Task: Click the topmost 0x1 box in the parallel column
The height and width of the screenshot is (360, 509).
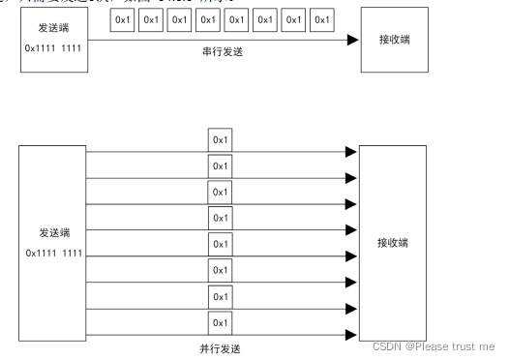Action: (221, 139)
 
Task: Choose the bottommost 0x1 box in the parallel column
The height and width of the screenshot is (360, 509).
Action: (221, 321)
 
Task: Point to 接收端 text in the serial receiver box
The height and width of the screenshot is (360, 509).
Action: (393, 42)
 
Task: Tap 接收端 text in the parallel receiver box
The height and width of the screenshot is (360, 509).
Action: (393, 242)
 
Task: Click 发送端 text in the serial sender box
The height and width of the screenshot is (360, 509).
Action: (53, 28)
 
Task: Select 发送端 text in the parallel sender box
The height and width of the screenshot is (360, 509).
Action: (53, 233)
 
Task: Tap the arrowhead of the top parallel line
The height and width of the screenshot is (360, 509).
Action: (351, 152)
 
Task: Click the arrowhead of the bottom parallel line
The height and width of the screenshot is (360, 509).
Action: (351, 334)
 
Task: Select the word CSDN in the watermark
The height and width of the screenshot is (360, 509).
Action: (386, 345)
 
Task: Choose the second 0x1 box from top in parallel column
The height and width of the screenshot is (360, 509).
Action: (221, 165)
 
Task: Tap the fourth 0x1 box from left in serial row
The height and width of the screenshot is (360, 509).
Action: (208, 19)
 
